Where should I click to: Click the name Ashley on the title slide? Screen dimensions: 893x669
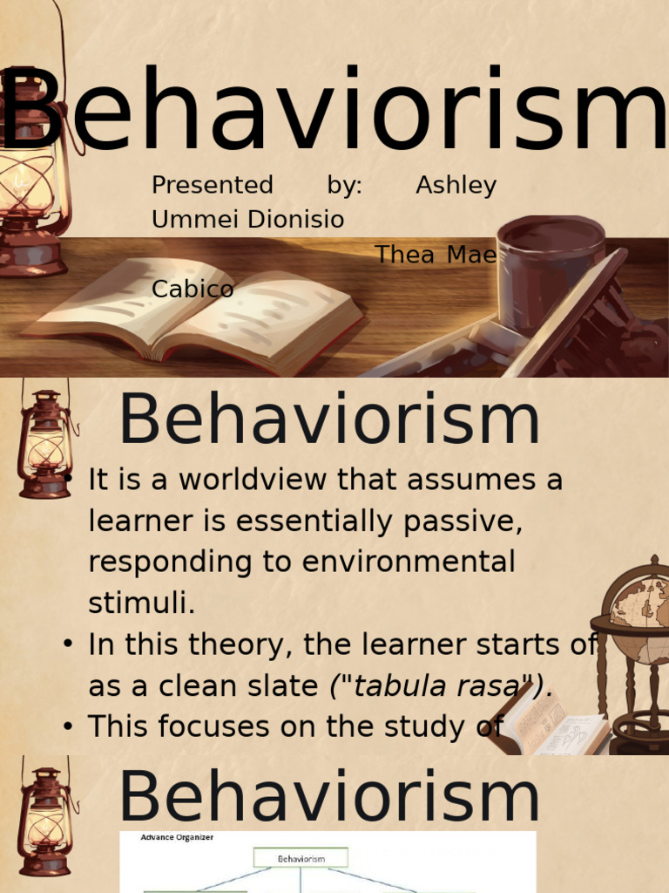456,186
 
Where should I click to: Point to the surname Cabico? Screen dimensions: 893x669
193,289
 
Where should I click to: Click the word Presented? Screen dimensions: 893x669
212,186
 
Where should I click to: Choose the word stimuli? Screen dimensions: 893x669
142,601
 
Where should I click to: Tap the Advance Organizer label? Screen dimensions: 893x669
177,837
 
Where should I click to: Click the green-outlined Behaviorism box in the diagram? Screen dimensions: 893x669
301,858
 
